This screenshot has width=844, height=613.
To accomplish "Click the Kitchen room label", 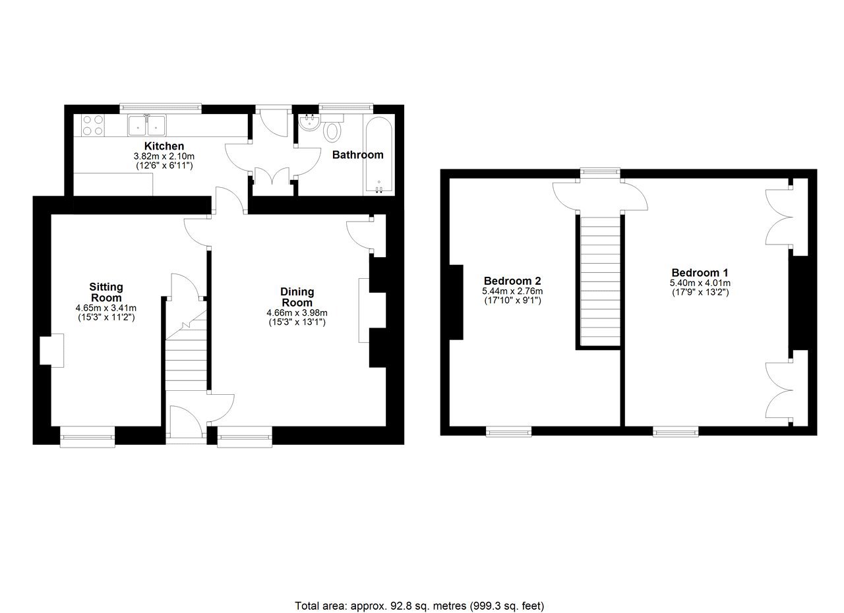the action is (164, 146).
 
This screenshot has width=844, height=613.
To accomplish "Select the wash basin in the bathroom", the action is (310, 123).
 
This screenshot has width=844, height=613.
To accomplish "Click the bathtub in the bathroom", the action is (378, 155).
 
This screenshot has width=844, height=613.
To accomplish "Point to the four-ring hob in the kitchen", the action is (93, 125).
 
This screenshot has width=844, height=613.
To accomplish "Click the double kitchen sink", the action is (147, 125).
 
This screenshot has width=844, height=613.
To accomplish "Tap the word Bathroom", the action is (357, 155).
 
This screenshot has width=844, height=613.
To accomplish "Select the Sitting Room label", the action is (106, 292).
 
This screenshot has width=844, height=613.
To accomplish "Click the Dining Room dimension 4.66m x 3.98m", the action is (297, 312).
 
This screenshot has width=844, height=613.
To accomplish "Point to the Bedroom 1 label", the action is (700, 272).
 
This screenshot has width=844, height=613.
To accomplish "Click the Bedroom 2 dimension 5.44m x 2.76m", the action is (512, 291).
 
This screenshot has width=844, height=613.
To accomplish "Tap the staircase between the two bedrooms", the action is (600, 281).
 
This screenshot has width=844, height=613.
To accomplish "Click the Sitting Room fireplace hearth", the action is (51, 350).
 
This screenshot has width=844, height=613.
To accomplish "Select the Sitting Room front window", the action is (88, 437).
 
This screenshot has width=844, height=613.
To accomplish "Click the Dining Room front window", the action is (245, 437).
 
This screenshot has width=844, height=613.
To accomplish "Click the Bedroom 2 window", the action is (508, 432).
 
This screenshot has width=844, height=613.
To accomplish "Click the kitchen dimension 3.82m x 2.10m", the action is (164, 156).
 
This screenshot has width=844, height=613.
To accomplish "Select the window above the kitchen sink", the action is (160, 109).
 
